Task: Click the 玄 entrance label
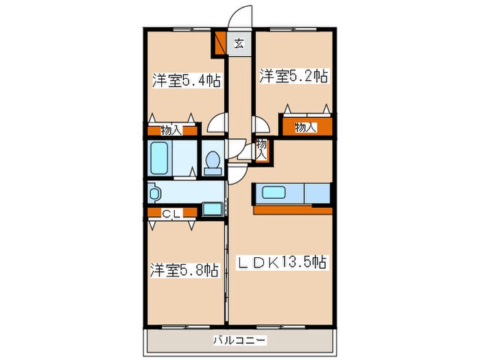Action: (x=239, y=45)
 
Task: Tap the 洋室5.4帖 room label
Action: (x=186, y=81)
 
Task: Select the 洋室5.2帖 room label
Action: (x=293, y=76)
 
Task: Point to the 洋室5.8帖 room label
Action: (x=184, y=269)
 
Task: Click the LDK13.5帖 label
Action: (x=282, y=262)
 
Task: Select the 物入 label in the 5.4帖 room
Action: (x=171, y=129)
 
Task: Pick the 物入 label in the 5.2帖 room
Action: (x=304, y=128)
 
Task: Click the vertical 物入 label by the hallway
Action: (x=261, y=149)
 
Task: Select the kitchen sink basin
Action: (x=274, y=193)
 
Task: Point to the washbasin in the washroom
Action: (x=153, y=192)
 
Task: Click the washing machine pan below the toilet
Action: (x=213, y=207)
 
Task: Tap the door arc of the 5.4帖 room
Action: (x=218, y=124)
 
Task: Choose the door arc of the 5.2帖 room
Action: (x=261, y=124)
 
